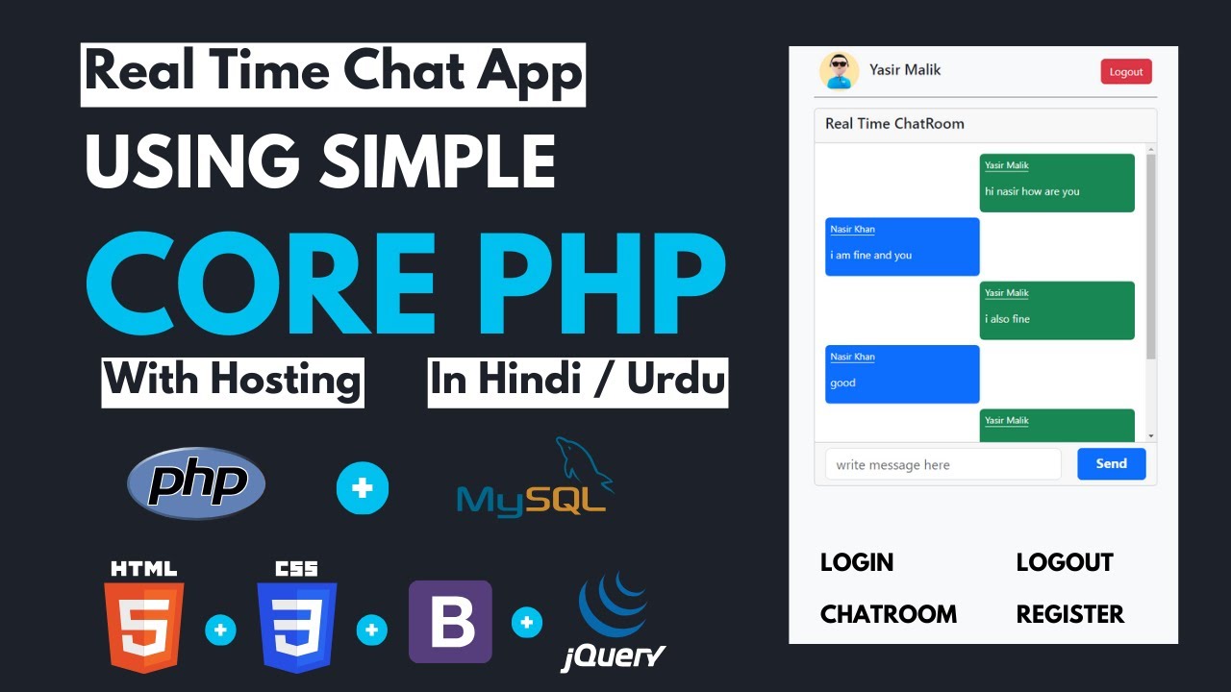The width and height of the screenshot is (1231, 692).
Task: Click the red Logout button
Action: (x=1126, y=72)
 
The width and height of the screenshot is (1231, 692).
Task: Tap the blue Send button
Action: (x=1111, y=464)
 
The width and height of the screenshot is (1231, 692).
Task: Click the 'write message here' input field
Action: (x=942, y=464)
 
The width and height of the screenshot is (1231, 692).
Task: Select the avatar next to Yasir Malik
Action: (x=839, y=71)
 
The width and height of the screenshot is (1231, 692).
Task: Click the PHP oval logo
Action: (x=196, y=482)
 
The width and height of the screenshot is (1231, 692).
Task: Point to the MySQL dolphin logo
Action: (x=533, y=481)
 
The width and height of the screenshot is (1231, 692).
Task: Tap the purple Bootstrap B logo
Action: (x=450, y=622)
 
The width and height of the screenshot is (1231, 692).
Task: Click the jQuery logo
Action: (x=614, y=620)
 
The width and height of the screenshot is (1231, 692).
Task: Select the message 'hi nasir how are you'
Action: (x=1057, y=183)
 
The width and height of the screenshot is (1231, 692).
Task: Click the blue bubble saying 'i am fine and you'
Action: (x=902, y=246)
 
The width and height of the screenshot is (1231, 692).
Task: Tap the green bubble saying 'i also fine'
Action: (x=1057, y=310)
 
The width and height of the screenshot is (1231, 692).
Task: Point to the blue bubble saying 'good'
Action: (x=902, y=374)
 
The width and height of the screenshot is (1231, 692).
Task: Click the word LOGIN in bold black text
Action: (x=857, y=562)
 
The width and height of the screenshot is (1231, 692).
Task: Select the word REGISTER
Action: (x=1069, y=614)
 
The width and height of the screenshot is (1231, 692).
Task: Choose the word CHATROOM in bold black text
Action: (x=889, y=614)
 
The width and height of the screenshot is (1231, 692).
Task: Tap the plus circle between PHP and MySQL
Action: (x=363, y=488)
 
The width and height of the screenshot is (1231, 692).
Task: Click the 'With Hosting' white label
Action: (x=233, y=381)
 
